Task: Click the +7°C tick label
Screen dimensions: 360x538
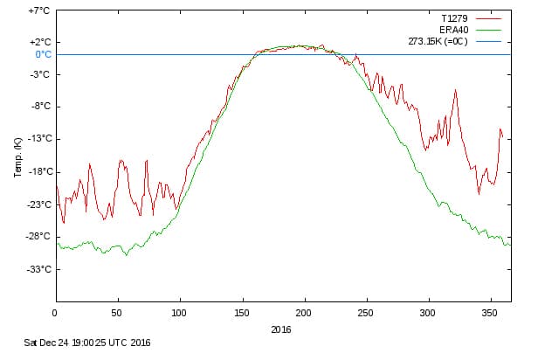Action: click(x=38, y=10)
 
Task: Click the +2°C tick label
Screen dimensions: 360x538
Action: click(x=38, y=42)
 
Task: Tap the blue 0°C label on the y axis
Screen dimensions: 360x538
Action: click(x=42, y=54)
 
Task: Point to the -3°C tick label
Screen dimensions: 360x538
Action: click(x=40, y=74)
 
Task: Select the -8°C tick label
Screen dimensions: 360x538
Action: click(x=40, y=107)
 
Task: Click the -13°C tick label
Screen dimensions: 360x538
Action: click(x=38, y=139)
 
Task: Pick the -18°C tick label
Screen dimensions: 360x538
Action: click(x=38, y=171)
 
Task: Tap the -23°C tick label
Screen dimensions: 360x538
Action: click(x=38, y=204)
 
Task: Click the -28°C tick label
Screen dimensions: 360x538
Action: click(x=38, y=236)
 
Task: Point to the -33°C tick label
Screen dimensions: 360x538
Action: click(x=38, y=269)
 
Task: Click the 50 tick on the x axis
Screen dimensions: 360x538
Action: click(x=117, y=312)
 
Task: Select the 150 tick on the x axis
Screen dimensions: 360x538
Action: click(x=242, y=312)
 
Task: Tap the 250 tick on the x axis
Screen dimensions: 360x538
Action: click(x=366, y=312)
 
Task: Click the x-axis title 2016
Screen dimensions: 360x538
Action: click(x=280, y=329)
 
